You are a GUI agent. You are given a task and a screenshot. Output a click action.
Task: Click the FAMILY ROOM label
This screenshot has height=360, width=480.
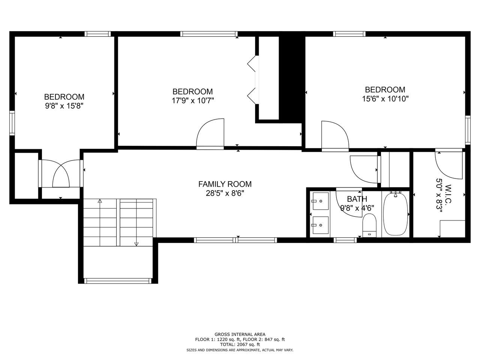tap(225, 184)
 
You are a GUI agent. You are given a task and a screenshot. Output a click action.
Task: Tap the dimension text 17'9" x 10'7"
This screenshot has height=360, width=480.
tap(192, 100)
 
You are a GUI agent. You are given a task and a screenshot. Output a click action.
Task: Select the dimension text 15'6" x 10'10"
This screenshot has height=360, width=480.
tap(385, 99)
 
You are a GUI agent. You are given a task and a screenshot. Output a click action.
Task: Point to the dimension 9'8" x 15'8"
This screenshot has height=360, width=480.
tap(64, 106)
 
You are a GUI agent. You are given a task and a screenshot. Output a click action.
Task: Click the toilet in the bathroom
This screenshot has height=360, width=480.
tap(369, 225)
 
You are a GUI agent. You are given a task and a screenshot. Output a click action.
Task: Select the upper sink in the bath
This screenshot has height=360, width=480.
tap(321, 201)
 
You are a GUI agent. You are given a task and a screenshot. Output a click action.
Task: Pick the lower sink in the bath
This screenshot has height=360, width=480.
tap(321, 225)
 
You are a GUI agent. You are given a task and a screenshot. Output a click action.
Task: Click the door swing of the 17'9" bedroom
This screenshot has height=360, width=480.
tap(210, 133)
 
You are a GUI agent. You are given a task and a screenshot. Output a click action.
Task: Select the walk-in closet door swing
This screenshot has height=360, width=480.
tap(449, 165)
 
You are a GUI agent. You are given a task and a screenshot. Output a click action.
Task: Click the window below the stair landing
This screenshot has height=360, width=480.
tap(118, 281)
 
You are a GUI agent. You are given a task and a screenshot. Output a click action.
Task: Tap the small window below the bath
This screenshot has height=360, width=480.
tap(345, 240)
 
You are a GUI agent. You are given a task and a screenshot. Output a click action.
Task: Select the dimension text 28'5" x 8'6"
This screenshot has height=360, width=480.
tap(225, 193)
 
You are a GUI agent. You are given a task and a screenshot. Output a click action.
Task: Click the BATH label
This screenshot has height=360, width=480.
tap(357, 199)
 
